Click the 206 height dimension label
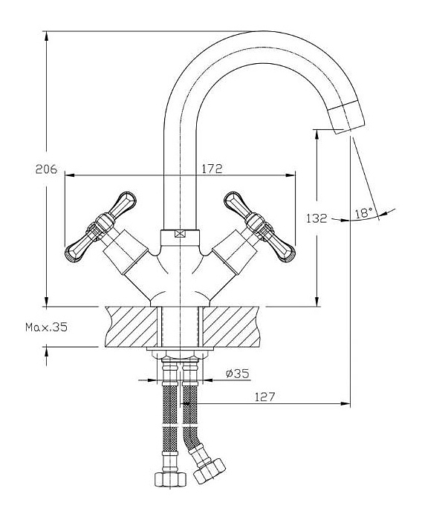tap(46, 169)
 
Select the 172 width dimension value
tap(212, 169)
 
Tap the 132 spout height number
tap(316, 218)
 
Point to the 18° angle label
tap(364, 213)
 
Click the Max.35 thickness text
tap(46, 327)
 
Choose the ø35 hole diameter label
tap(238, 373)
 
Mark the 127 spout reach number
tap(264, 397)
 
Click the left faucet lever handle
tap(100, 227)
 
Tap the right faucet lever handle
tap(260, 227)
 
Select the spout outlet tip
tap(347, 117)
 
